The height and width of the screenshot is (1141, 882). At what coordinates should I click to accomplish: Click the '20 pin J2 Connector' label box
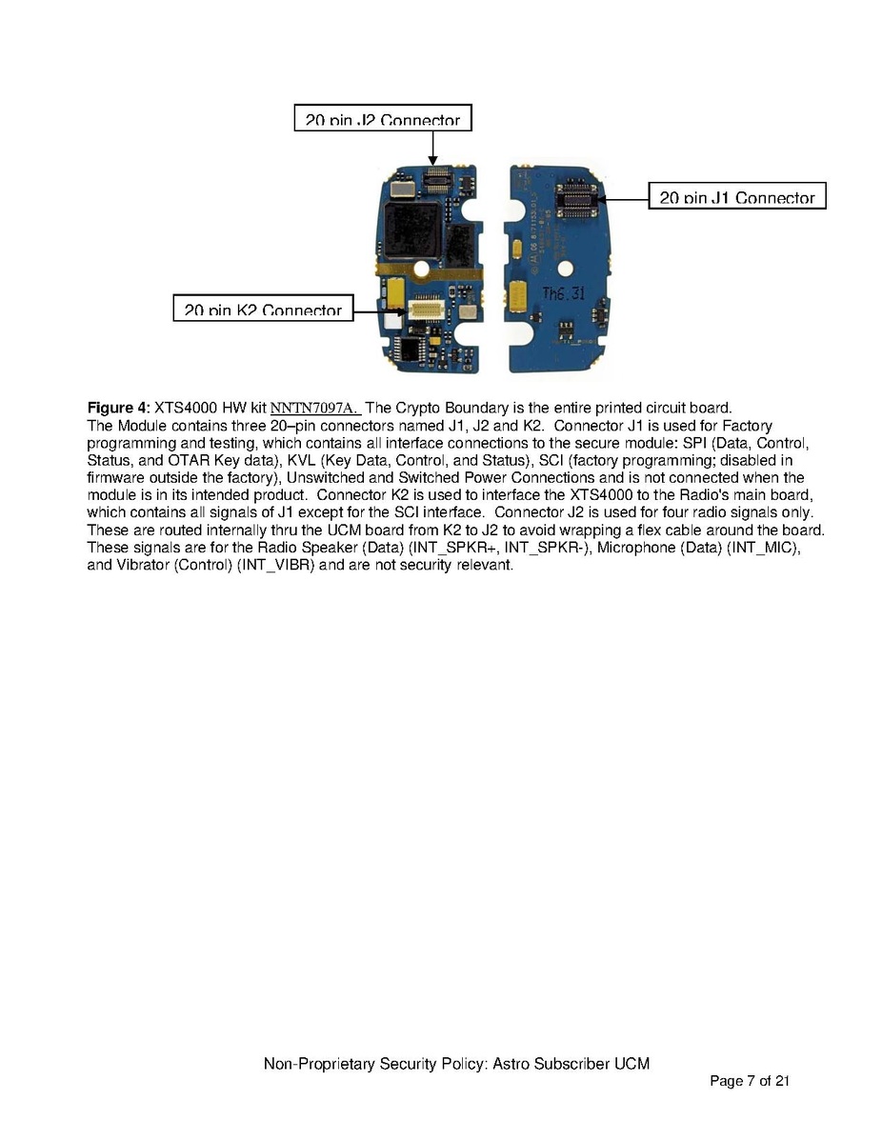(383, 117)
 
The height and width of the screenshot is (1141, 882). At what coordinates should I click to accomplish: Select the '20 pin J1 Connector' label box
(737, 195)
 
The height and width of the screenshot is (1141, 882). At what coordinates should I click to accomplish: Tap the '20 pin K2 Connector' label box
(263, 308)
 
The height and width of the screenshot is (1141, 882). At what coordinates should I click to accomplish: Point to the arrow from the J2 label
(431, 147)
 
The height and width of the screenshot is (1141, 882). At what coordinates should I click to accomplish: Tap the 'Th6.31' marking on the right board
(563, 294)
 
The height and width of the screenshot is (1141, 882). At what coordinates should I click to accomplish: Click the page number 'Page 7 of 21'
(750, 1080)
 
